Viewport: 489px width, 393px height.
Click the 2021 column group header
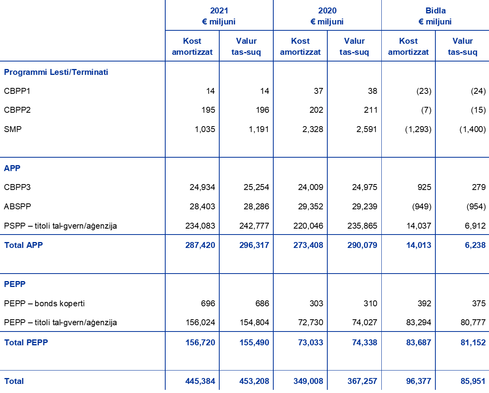click(x=219, y=16)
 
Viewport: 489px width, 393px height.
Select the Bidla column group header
click(x=435, y=16)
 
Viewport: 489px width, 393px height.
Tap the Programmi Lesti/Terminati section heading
click(x=56, y=72)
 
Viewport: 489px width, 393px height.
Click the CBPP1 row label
click(x=17, y=91)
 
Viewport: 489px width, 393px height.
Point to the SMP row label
click(x=13, y=129)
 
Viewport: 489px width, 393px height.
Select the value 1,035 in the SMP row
click(x=205, y=129)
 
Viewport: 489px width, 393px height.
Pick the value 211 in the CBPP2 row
click(x=371, y=110)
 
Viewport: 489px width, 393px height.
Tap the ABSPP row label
click(x=17, y=207)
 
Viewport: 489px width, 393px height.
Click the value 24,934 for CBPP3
click(x=202, y=187)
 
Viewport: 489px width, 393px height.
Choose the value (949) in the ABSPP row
click(x=422, y=207)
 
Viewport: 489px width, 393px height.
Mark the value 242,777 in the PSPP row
click(x=254, y=226)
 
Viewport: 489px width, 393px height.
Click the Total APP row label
click(x=23, y=245)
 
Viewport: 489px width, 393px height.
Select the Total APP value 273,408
click(x=308, y=245)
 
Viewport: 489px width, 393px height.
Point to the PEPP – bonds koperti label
click(x=44, y=304)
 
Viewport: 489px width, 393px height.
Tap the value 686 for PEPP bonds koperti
click(x=262, y=304)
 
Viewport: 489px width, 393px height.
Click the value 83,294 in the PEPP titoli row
click(x=418, y=322)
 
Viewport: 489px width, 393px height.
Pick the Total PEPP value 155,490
click(x=254, y=343)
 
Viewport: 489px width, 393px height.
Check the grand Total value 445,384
click(x=200, y=381)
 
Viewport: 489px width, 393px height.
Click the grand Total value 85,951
click(x=473, y=381)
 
